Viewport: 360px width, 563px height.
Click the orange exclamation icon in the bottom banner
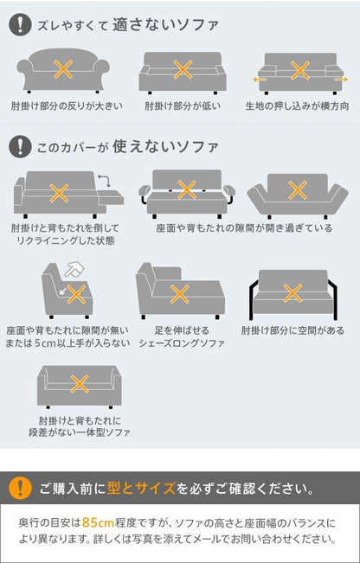coord(20,488)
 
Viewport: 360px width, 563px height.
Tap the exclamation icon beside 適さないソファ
coord(20,25)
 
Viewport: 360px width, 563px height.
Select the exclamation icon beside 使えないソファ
coord(20,146)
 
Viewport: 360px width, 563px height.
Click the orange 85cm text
coord(98,522)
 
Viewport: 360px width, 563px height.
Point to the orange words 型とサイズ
coord(141,489)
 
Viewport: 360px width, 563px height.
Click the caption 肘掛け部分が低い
coord(183,106)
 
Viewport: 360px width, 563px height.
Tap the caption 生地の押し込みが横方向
coord(297,106)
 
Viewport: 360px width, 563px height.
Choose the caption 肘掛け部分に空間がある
coord(292,330)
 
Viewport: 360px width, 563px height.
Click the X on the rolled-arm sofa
coord(63,69)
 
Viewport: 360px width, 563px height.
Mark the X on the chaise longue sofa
coord(180,294)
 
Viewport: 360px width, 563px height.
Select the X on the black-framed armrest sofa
coord(292,293)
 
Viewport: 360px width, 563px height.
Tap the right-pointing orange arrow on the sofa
coord(342,80)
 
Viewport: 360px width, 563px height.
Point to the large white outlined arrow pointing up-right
coord(72,269)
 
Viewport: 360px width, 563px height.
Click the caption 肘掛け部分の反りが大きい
coord(67,106)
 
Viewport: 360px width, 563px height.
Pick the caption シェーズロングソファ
coord(182,343)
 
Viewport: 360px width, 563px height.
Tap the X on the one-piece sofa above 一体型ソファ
coord(80,384)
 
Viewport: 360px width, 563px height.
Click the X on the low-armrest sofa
coord(183,70)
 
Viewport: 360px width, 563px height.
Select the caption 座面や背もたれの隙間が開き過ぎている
coord(244,228)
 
